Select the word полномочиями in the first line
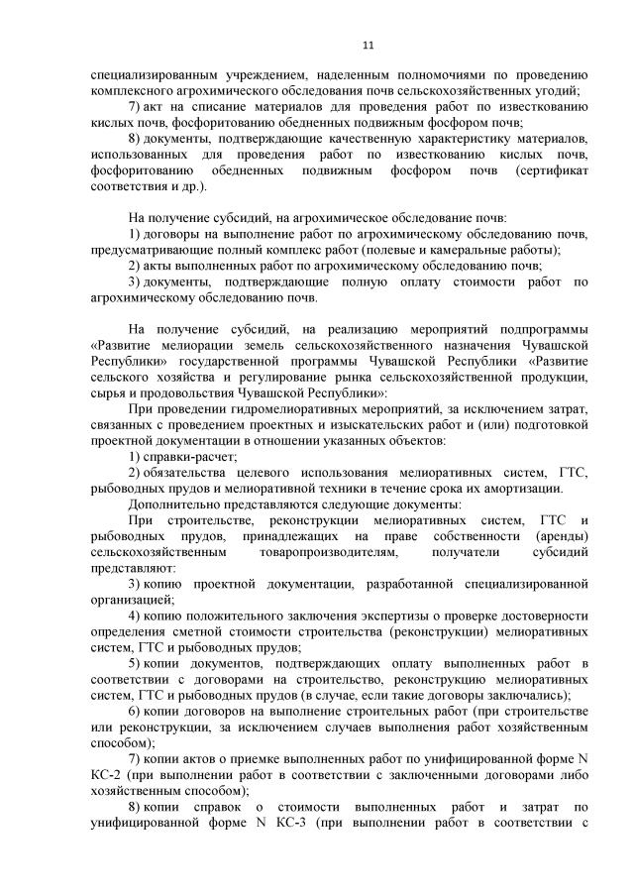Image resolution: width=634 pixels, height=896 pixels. pos(422,74)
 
